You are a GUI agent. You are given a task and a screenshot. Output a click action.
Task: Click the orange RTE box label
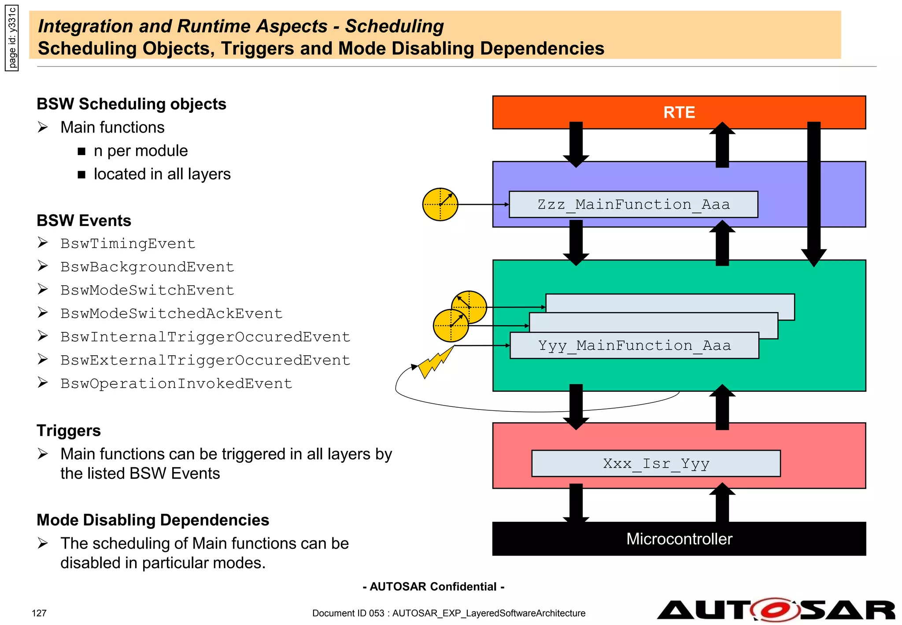[x=679, y=112]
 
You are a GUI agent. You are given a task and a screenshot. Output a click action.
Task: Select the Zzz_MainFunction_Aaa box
[x=633, y=205]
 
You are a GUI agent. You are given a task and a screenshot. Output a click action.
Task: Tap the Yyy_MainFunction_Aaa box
[x=634, y=346]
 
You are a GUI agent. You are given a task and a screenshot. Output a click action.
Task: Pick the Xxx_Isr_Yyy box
[x=655, y=463]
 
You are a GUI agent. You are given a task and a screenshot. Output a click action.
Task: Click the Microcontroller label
[x=679, y=539]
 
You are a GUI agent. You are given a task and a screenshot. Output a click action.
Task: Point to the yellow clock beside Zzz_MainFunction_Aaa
[x=440, y=205]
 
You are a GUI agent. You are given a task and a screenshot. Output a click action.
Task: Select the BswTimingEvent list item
[x=128, y=243]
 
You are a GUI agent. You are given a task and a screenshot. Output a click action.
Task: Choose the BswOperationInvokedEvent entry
[x=176, y=383]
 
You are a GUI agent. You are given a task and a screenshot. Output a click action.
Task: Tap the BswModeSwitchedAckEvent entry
[x=171, y=313]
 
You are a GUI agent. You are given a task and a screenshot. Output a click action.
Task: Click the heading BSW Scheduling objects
[x=131, y=104]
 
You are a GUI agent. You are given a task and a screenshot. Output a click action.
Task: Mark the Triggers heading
[x=69, y=430]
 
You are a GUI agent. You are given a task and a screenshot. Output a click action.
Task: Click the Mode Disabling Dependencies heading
[x=153, y=520]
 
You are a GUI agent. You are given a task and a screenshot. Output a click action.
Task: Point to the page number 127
[x=39, y=613]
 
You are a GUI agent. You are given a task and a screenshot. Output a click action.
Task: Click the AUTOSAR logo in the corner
[x=775, y=610]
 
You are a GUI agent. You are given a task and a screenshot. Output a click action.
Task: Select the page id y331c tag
[x=12, y=38]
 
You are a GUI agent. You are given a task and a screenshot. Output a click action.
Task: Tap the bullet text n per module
[x=140, y=151]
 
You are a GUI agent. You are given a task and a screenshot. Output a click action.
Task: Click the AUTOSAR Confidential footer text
[x=433, y=587]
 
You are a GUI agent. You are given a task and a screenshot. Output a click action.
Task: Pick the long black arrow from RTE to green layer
[x=813, y=194]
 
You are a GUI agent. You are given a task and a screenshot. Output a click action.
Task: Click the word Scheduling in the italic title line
[x=394, y=26]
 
